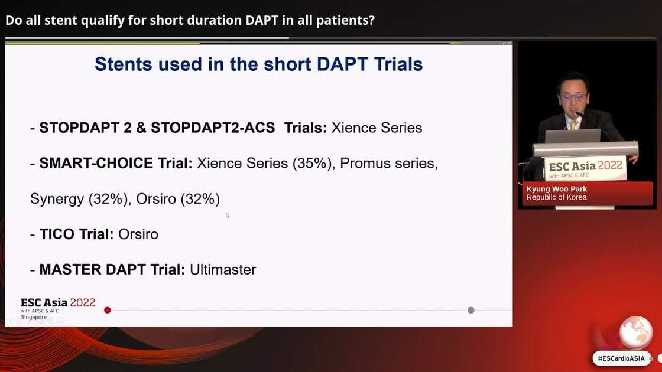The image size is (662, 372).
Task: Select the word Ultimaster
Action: [x=223, y=270]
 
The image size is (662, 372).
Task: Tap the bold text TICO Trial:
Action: [x=76, y=234]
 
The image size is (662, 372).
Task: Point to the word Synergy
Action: [x=57, y=199]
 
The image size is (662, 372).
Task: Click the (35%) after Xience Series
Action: [x=313, y=164]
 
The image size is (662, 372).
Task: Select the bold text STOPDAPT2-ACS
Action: [x=213, y=128]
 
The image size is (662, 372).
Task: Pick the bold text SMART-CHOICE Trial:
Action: [x=116, y=164]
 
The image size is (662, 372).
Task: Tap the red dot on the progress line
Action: [x=108, y=310]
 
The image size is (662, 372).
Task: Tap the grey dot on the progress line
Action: [x=470, y=310]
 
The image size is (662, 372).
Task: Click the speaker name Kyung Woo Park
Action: [x=556, y=189]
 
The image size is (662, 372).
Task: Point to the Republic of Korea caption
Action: [x=556, y=197]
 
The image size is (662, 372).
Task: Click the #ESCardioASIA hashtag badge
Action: [x=621, y=358]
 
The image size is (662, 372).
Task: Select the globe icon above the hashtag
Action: [x=635, y=332]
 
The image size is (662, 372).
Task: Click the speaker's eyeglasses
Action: [x=572, y=97]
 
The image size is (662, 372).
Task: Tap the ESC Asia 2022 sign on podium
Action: [x=585, y=168]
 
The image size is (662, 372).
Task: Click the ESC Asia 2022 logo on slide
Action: [x=58, y=303]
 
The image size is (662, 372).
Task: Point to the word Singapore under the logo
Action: [x=34, y=317]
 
